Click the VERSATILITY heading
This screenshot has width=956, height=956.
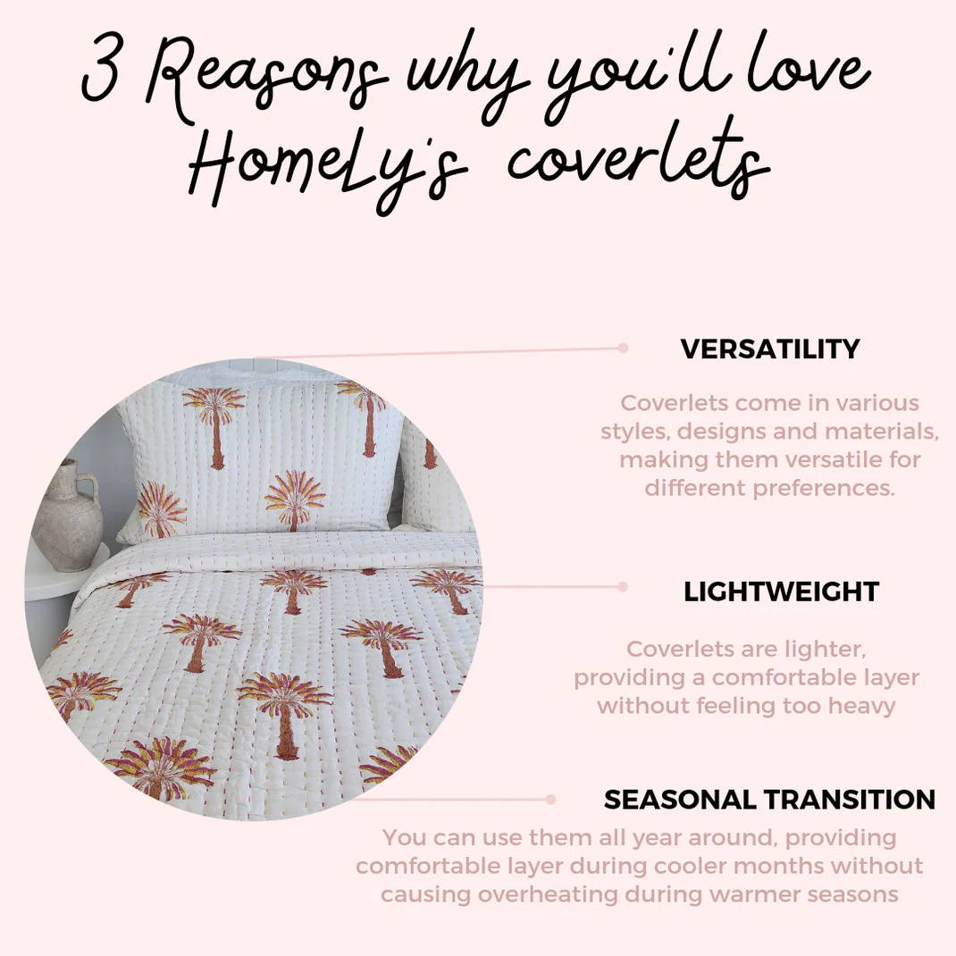[770, 349]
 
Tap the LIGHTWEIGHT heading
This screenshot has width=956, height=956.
[781, 591]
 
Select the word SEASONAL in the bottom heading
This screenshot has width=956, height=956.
[680, 800]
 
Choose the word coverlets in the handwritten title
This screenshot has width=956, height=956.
[638, 158]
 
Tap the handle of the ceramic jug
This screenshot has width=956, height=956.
[90, 491]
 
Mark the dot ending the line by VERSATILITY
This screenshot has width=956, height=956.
[623, 348]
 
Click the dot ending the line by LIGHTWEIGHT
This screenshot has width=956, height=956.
[623, 586]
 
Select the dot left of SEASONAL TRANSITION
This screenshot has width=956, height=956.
[551, 800]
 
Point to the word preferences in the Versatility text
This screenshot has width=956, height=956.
[824, 488]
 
